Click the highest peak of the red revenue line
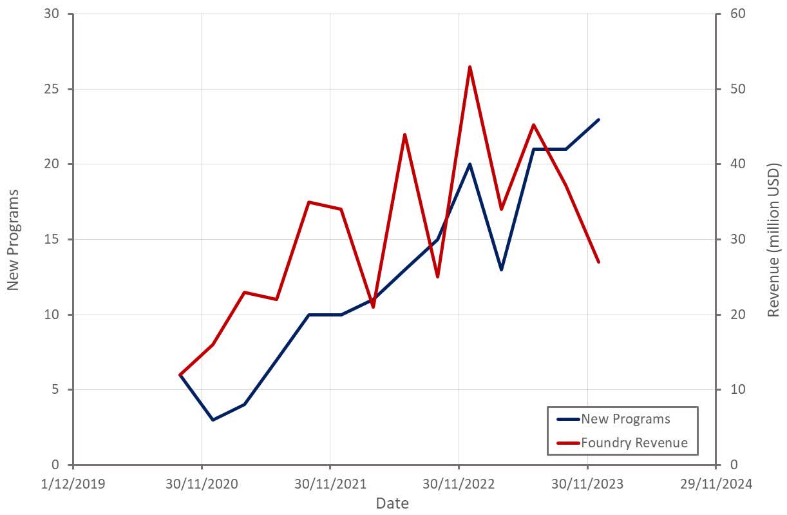469,67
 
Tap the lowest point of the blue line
213,420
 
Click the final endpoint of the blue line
599,119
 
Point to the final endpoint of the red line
599,262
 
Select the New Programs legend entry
625,419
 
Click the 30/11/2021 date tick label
330,483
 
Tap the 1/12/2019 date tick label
73,483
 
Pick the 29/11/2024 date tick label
716,483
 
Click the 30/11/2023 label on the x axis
587,483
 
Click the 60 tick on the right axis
737,14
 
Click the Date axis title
392,503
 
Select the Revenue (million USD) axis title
773,239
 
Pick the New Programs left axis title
13,239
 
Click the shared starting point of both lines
180,374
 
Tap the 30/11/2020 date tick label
202,483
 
